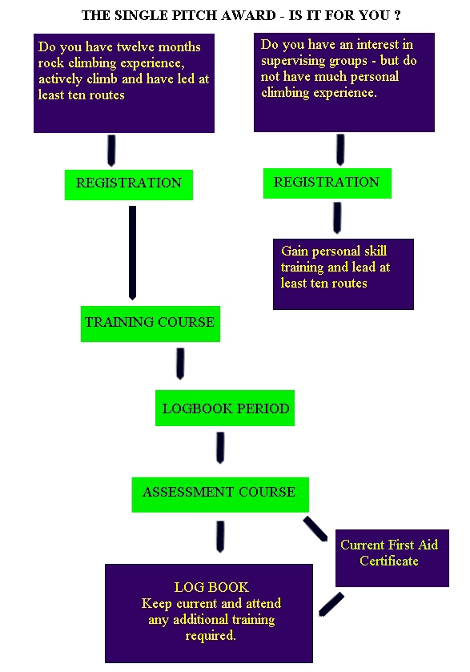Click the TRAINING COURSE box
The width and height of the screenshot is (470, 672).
point(151,324)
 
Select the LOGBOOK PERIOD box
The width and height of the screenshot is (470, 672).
point(225,408)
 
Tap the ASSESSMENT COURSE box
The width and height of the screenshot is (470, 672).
point(220,494)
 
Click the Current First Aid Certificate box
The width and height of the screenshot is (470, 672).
point(392,558)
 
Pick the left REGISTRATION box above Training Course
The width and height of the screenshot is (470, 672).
point(129,185)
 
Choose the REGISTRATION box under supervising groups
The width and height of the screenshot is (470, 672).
point(327,183)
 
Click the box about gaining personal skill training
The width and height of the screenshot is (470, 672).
point(343,274)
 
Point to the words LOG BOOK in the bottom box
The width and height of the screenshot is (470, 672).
point(211,587)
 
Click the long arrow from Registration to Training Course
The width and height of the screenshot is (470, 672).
point(132,252)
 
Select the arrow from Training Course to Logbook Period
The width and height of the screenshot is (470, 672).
point(180,364)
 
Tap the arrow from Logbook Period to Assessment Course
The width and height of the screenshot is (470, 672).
point(220,448)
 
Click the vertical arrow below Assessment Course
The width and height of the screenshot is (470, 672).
point(220,537)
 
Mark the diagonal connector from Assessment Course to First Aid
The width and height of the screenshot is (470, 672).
point(315,529)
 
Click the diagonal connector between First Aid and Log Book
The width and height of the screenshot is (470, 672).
point(331,604)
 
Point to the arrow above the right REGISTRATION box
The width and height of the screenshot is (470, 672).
point(340,150)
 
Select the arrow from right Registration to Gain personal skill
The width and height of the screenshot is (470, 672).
point(337,218)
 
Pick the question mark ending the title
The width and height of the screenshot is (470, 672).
point(398,15)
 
